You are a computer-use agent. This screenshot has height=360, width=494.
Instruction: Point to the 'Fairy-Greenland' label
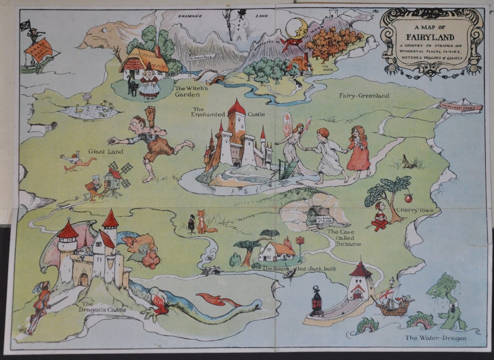coord(364,96)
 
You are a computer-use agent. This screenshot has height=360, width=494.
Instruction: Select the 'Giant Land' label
coord(105,152)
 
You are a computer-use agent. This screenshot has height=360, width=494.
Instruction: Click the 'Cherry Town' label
coord(412,211)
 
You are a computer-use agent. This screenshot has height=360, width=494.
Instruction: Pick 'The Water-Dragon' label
coord(435,338)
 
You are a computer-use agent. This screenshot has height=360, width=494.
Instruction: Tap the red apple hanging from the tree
coord(408,198)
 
